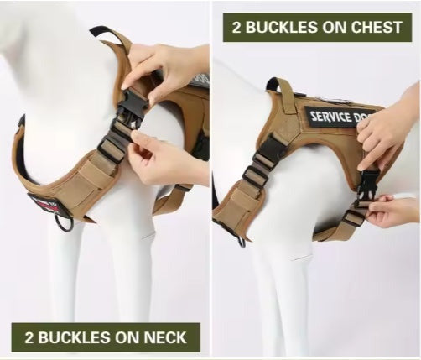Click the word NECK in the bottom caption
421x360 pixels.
169,338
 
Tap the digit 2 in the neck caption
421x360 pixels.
29,338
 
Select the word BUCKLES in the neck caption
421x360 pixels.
75,338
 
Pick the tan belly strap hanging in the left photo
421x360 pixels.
172,200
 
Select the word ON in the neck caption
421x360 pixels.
129,338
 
